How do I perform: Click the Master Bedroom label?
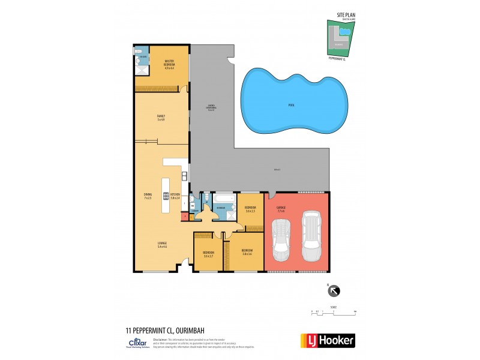click(169, 64)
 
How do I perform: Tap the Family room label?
click(161, 118)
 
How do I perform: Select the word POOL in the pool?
click(292, 105)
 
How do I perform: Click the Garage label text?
click(281, 210)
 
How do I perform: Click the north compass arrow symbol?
click(334, 291)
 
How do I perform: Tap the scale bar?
click(334, 311)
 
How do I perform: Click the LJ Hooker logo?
click(327, 340)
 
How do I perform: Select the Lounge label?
click(162, 244)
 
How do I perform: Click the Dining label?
click(148, 195)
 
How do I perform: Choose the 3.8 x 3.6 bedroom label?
click(247, 252)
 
